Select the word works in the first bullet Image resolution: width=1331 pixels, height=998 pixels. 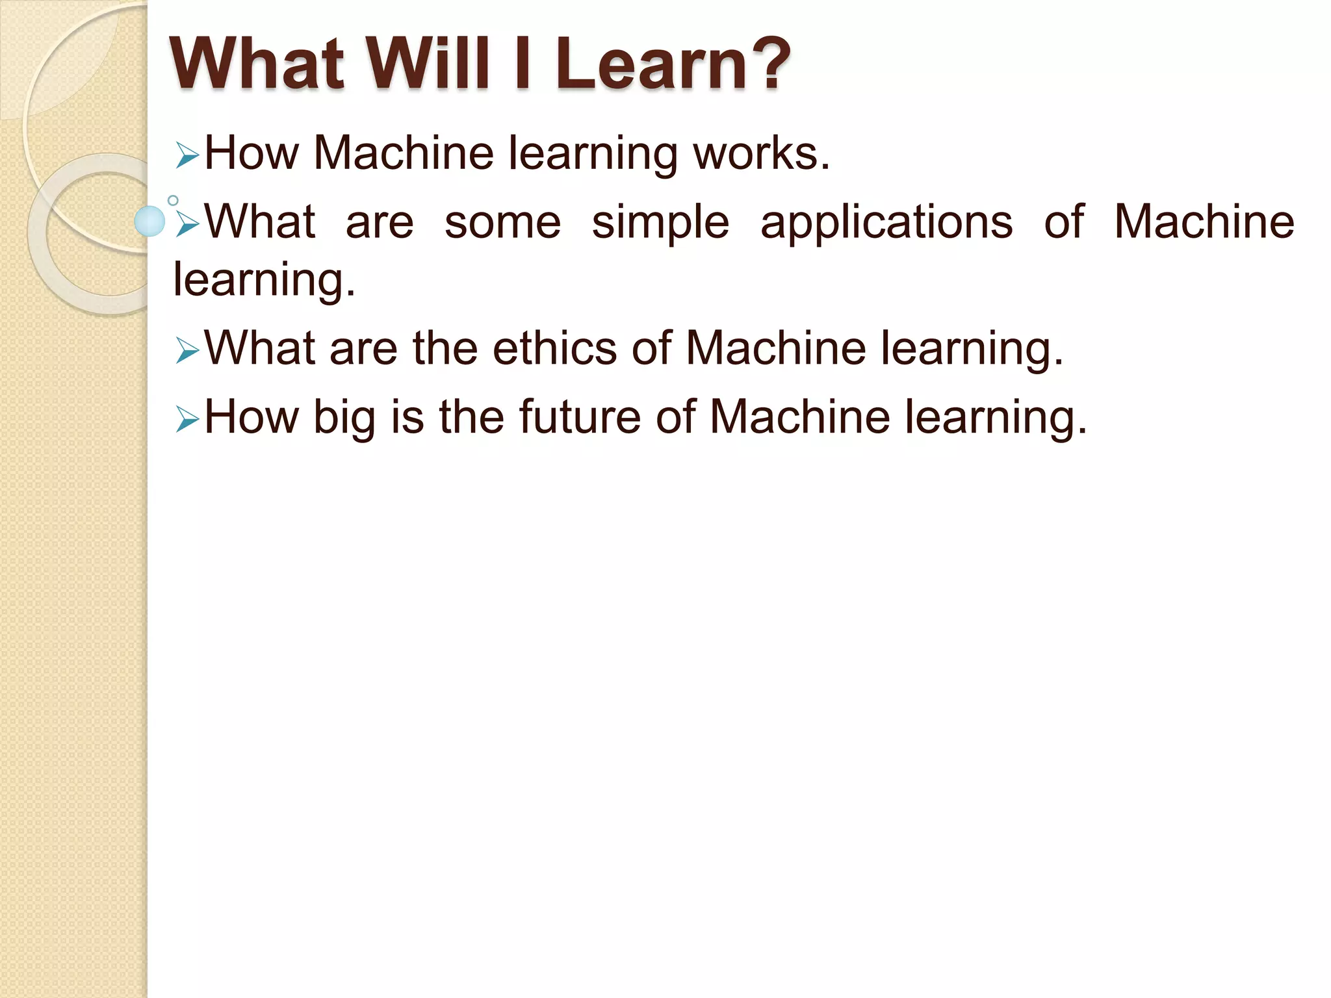coord(760,153)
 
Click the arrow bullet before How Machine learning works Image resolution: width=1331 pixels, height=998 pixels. coord(187,157)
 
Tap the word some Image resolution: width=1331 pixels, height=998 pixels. coord(502,222)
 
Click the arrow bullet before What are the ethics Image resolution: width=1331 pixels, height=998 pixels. coord(187,352)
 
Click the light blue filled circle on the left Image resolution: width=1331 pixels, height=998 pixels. coord(150,222)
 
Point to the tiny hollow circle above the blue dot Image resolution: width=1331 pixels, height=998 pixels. coord(173,200)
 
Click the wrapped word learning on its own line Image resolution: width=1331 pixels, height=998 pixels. coord(263,281)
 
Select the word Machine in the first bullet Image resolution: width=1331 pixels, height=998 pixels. coord(403,153)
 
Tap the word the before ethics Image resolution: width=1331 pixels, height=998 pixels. coord(445,348)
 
